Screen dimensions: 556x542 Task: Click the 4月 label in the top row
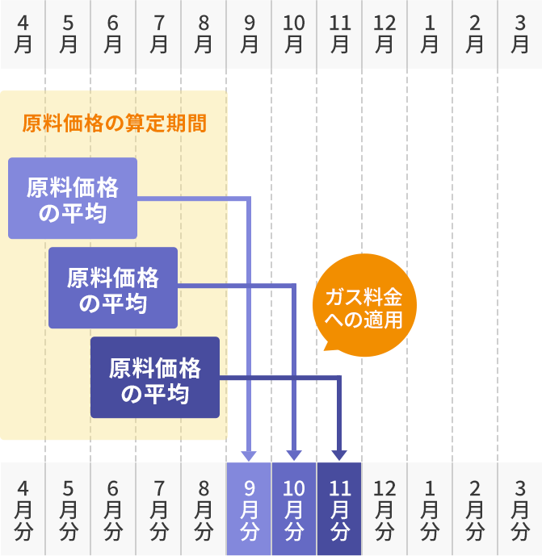pyautogui.click(x=23, y=35)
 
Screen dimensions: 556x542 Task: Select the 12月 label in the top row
pyautogui.click(x=384, y=35)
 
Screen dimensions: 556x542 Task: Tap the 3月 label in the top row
pyautogui.click(x=519, y=35)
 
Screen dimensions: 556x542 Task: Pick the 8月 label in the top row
pyautogui.click(x=204, y=35)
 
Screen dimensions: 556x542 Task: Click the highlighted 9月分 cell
pyautogui.click(x=249, y=509)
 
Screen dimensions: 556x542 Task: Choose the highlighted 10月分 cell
pyautogui.click(x=294, y=509)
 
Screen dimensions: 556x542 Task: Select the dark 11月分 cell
pyautogui.click(x=339, y=509)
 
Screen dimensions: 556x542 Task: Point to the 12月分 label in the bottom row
pyautogui.click(x=384, y=509)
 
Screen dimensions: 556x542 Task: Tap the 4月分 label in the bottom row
pyautogui.click(x=23, y=509)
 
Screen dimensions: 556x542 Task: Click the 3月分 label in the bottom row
pyautogui.click(x=519, y=509)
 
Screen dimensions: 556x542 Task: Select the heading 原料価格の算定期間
pyautogui.click(x=114, y=123)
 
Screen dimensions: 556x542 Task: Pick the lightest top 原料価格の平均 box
pyautogui.click(x=73, y=199)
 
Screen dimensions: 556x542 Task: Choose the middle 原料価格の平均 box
pyautogui.click(x=113, y=288)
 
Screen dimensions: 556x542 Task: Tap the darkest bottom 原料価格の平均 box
pyautogui.click(x=155, y=378)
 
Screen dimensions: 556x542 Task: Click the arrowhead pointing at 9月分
pyautogui.click(x=249, y=454)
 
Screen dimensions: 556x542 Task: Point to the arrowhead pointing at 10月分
pyautogui.click(x=294, y=454)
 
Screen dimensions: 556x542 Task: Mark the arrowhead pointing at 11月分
pyautogui.click(x=339, y=454)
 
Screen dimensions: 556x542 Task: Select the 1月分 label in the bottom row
pyautogui.click(x=430, y=509)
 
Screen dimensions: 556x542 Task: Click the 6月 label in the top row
pyautogui.click(x=113, y=35)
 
